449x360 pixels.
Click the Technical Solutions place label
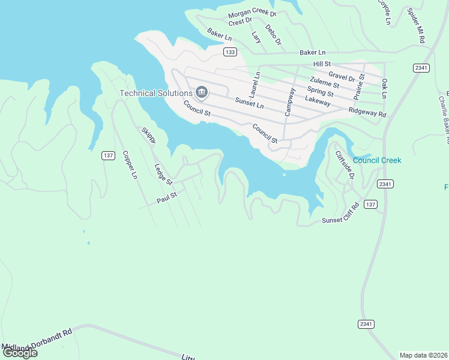coord(155,93)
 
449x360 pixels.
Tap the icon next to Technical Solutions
coord(202,92)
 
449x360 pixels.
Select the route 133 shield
coord(229,52)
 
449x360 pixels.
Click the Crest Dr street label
coord(240,22)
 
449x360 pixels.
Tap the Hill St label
coord(322,64)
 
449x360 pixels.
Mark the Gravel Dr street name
coord(342,77)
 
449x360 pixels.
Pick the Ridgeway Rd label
coord(367,112)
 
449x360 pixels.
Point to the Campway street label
coord(290,103)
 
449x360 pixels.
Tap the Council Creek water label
coord(377,160)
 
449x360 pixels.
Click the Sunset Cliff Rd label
coord(340,213)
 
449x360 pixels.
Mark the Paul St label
coord(167,197)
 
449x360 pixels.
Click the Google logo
coord(20,352)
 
